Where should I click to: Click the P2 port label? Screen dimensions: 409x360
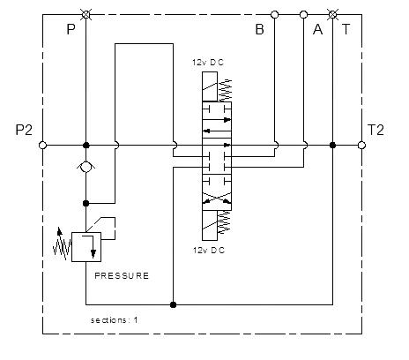click(x=24, y=130)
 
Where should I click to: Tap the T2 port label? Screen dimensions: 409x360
click(x=376, y=130)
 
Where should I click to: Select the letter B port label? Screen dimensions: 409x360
click(x=260, y=29)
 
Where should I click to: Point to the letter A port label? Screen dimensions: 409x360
click(x=317, y=29)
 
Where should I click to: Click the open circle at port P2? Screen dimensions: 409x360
click(x=42, y=146)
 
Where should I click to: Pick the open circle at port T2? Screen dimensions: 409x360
click(x=361, y=146)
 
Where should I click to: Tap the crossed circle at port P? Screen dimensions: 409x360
click(x=86, y=14)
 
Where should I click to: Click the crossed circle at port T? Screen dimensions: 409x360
click(x=332, y=14)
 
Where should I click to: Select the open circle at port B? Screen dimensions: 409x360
click(x=274, y=14)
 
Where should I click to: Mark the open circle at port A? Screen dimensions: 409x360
click(x=303, y=14)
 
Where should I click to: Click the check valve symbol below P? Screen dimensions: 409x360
click(x=86, y=168)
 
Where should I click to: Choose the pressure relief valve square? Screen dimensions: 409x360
click(x=86, y=247)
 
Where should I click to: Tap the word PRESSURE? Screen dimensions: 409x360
click(x=122, y=276)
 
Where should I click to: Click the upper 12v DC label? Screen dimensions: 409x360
click(x=208, y=63)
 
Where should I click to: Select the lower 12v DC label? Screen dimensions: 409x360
click(x=209, y=251)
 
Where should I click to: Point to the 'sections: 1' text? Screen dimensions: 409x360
click(x=114, y=320)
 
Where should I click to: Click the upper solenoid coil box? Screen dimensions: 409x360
click(x=210, y=86)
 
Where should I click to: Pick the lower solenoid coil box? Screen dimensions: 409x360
click(x=210, y=225)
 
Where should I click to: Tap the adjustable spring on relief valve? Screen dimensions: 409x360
click(x=63, y=244)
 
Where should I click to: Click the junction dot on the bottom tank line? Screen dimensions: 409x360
click(x=173, y=304)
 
